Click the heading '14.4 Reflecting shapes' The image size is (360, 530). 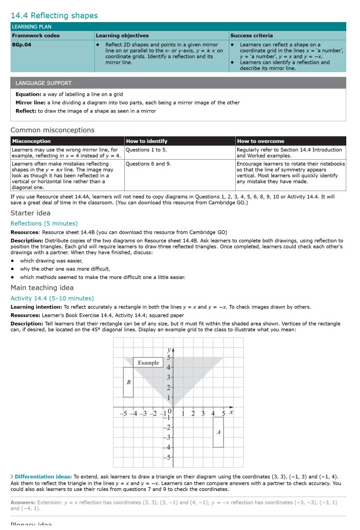(54, 16)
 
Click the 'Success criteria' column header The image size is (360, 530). (251, 35)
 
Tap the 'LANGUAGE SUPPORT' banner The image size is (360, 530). (43, 83)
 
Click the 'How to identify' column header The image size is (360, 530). (146, 141)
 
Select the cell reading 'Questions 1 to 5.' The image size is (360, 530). (146, 150)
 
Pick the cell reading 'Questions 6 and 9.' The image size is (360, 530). (148, 164)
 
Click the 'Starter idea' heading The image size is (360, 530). (30, 213)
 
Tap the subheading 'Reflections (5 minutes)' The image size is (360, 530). (44, 223)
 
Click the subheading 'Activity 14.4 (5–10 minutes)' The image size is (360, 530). (52, 298)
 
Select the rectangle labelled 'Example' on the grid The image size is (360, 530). (148, 363)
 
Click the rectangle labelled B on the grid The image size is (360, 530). (128, 382)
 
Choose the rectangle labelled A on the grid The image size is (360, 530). (218, 432)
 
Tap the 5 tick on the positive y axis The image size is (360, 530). (168, 357)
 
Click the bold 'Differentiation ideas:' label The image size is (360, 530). (43, 476)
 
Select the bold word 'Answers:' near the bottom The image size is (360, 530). (23, 502)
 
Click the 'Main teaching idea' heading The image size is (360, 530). (42, 288)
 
